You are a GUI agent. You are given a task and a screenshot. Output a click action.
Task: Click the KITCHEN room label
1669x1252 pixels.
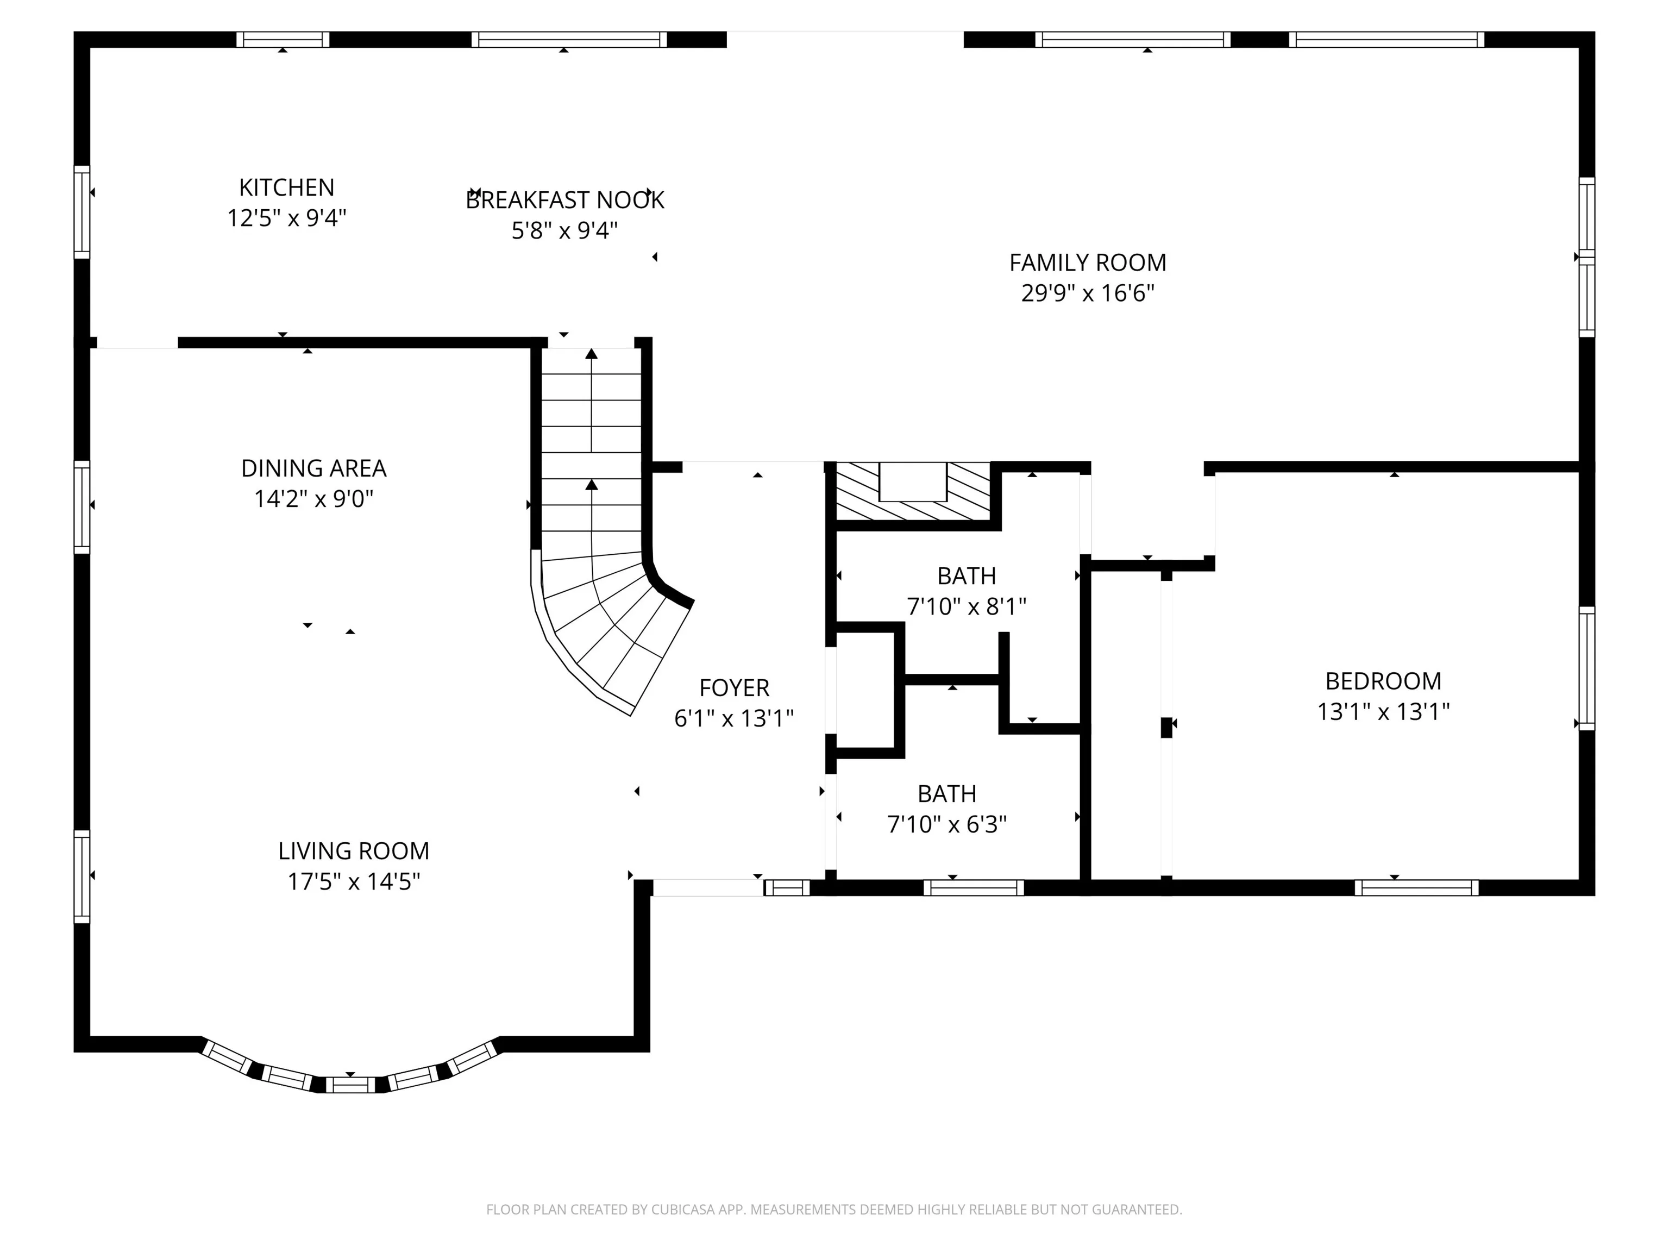tap(287, 187)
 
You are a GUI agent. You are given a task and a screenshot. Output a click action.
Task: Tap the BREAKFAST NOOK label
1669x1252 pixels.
tap(565, 200)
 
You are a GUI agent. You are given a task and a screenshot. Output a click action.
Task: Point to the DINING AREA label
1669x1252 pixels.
tap(314, 468)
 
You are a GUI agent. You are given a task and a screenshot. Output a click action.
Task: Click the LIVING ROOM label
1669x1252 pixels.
tap(354, 852)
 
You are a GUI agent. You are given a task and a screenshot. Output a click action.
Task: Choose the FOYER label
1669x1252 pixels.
tap(734, 688)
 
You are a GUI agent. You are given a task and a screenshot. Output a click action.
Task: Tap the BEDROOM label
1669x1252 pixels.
tap(1384, 681)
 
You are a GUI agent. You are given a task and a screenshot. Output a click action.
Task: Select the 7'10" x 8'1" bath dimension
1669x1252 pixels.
tap(967, 607)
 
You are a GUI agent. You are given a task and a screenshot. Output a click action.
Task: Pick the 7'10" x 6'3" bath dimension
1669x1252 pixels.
tap(947, 825)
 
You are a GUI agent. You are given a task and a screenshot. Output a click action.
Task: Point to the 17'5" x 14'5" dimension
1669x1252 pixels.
tap(354, 881)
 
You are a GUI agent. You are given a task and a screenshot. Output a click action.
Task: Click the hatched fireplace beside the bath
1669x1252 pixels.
tap(913, 491)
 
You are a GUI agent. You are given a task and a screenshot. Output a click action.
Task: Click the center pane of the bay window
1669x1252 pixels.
tap(350, 1085)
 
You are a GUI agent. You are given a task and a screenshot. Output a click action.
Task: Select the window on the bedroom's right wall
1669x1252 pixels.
tap(1587, 668)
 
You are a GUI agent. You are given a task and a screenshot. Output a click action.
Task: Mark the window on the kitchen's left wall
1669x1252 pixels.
tap(81, 212)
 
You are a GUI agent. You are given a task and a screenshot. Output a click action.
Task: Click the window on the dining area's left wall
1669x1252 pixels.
tap(81, 507)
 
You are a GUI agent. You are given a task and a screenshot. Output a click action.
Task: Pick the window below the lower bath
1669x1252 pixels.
tap(974, 887)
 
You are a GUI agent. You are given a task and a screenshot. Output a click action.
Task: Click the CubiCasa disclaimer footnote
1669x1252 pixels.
tap(834, 1210)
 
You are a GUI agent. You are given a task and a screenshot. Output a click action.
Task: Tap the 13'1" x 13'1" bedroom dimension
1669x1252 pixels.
tap(1384, 712)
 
